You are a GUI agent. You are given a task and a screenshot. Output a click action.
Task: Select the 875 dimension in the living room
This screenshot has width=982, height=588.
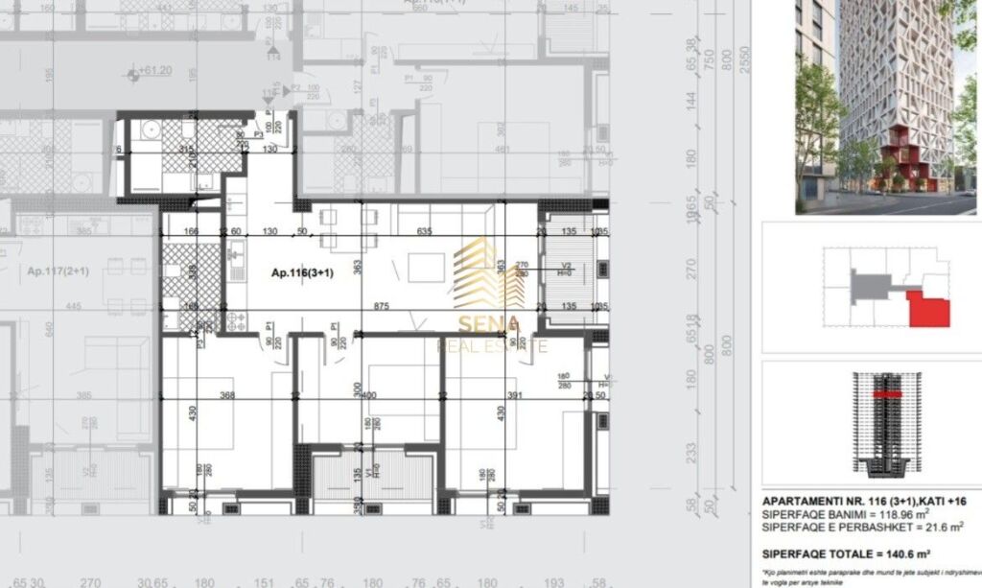click(382, 307)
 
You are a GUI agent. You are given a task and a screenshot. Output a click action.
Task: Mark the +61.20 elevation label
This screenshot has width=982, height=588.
click(154, 71)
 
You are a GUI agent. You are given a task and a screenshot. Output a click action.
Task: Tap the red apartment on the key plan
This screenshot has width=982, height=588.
click(928, 310)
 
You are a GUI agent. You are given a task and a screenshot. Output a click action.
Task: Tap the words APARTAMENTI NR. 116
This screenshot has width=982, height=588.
click(821, 501)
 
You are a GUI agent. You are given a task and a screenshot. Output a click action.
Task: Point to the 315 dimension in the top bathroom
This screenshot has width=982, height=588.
click(186, 150)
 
